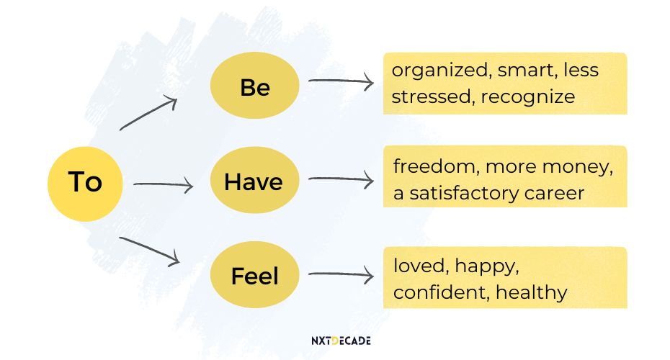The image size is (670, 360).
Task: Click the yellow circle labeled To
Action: coord(85,183)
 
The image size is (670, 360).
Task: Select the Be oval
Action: coord(254,88)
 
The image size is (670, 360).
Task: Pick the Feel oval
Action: coord(254,275)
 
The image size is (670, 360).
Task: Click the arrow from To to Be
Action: coord(148,114)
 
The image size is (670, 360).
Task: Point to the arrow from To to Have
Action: coord(164,186)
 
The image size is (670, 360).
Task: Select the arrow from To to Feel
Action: coord(149,250)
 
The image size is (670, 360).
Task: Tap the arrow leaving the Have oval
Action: coord(341,179)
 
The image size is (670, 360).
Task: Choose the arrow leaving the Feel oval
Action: coord(341,274)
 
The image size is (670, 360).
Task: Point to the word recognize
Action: coord(527,96)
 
